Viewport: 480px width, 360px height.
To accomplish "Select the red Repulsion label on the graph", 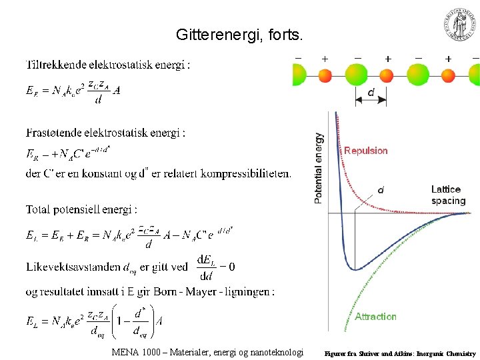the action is coord(365,151).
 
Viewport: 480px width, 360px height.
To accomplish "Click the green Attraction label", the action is coord(375,317).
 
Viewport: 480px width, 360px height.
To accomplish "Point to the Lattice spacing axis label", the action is coord(448,195).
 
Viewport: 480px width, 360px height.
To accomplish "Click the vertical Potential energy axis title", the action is coord(319,167).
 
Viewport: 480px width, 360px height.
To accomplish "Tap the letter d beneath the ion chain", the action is coord(371,93).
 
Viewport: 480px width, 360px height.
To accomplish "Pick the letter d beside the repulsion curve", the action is coord(381,189).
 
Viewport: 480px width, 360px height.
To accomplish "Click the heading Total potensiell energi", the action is coord(81,209).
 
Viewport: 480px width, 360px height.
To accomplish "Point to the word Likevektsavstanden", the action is coord(73,267).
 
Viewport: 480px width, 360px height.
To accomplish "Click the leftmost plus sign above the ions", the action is coord(325,59).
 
